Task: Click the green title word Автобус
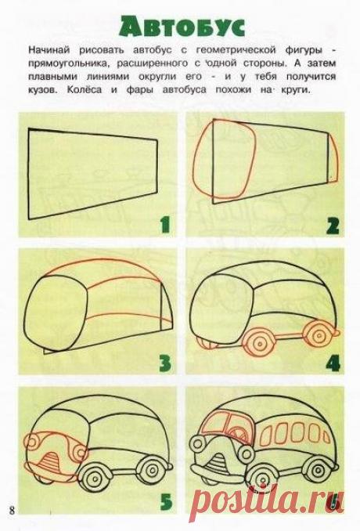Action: [x=182, y=26]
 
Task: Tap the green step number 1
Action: [x=165, y=226]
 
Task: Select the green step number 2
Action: [x=333, y=226]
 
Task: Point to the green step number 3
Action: [x=165, y=363]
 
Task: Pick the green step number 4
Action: [x=333, y=363]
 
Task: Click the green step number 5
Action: [x=165, y=502]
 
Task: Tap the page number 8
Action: [x=13, y=511]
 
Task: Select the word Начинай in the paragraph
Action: [x=49, y=50]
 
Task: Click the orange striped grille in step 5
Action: [x=50, y=462]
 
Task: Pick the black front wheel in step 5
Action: [x=96, y=479]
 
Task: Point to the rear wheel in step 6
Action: [x=318, y=471]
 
